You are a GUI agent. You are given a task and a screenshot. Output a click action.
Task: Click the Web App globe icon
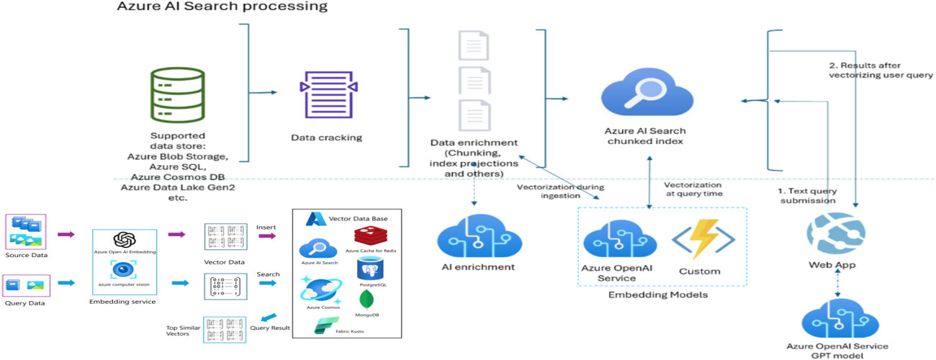pyautogui.click(x=832, y=233)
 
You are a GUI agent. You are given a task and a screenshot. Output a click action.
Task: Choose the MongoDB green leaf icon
pyautogui.click(x=369, y=300)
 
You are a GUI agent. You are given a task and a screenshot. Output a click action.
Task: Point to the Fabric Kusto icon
pyautogui.click(x=325, y=326)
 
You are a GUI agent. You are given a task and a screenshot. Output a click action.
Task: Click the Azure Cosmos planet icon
pyautogui.click(x=320, y=289)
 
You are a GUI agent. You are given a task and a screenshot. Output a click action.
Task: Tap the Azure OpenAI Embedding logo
pyautogui.click(x=125, y=240)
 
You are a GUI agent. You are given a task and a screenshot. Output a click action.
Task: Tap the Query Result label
pyautogui.click(x=270, y=328)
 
